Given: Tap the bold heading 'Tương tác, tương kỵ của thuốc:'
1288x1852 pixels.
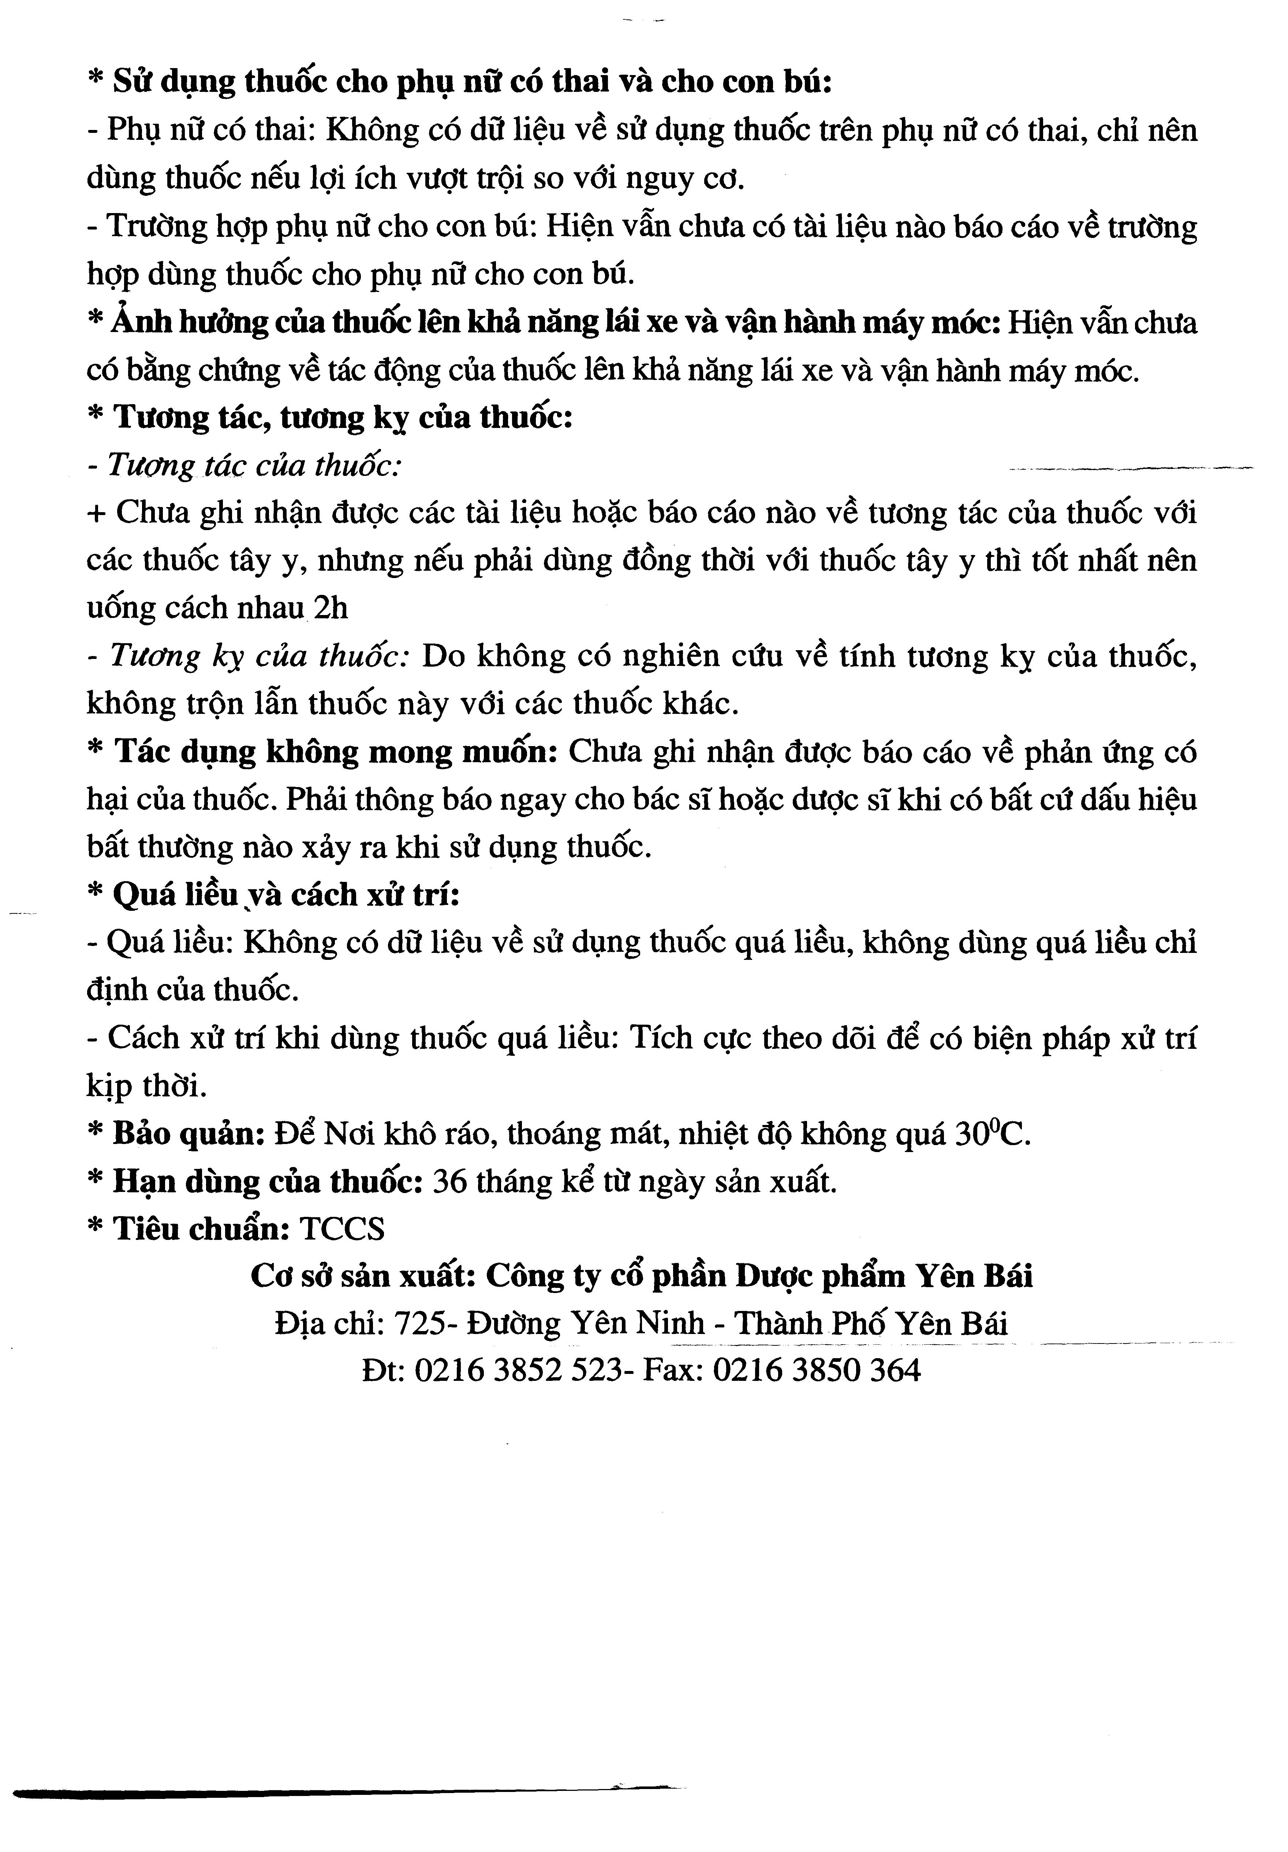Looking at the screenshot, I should click(343, 418).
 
